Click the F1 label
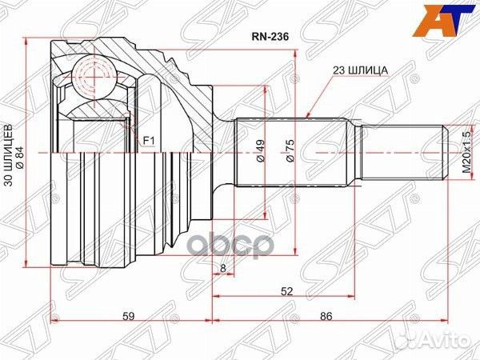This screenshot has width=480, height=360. pyautogui.click(x=148, y=141)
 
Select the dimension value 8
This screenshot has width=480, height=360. pyautogui.click(x=222, y=269)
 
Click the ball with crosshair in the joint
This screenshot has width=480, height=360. pyautogui.click(x=93, y=79)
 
